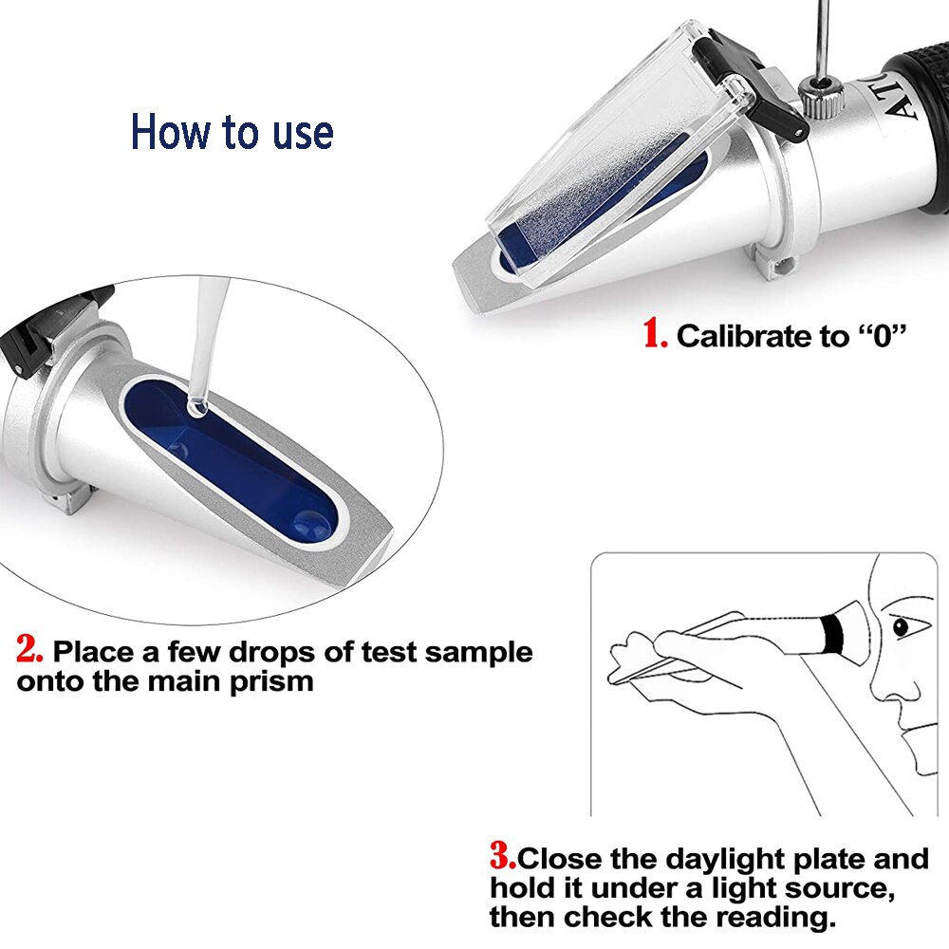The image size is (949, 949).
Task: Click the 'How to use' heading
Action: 232,132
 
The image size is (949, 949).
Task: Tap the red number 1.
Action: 656,334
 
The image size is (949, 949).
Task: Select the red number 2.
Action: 29,650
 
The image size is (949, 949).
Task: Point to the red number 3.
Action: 502,858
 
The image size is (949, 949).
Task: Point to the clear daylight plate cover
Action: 607,152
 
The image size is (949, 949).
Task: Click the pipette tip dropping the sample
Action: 196,406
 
